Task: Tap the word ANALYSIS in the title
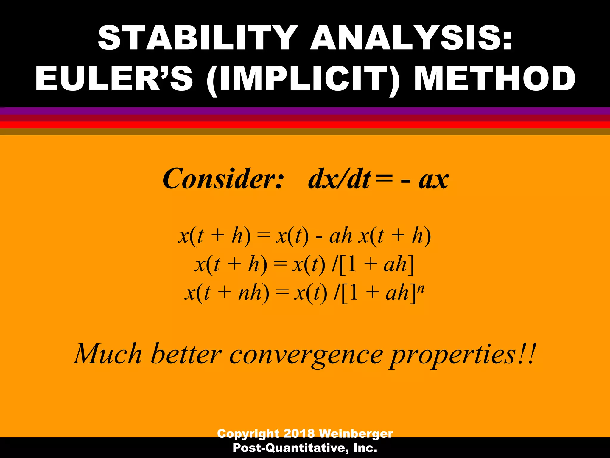(x=411, y=38)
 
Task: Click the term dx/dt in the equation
(x=340, y=179)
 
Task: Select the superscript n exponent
(x=421, y=289)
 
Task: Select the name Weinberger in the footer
(x=356, y=433)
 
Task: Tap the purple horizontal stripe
(x=305, y=111)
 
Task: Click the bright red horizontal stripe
(x=305, y=125)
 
